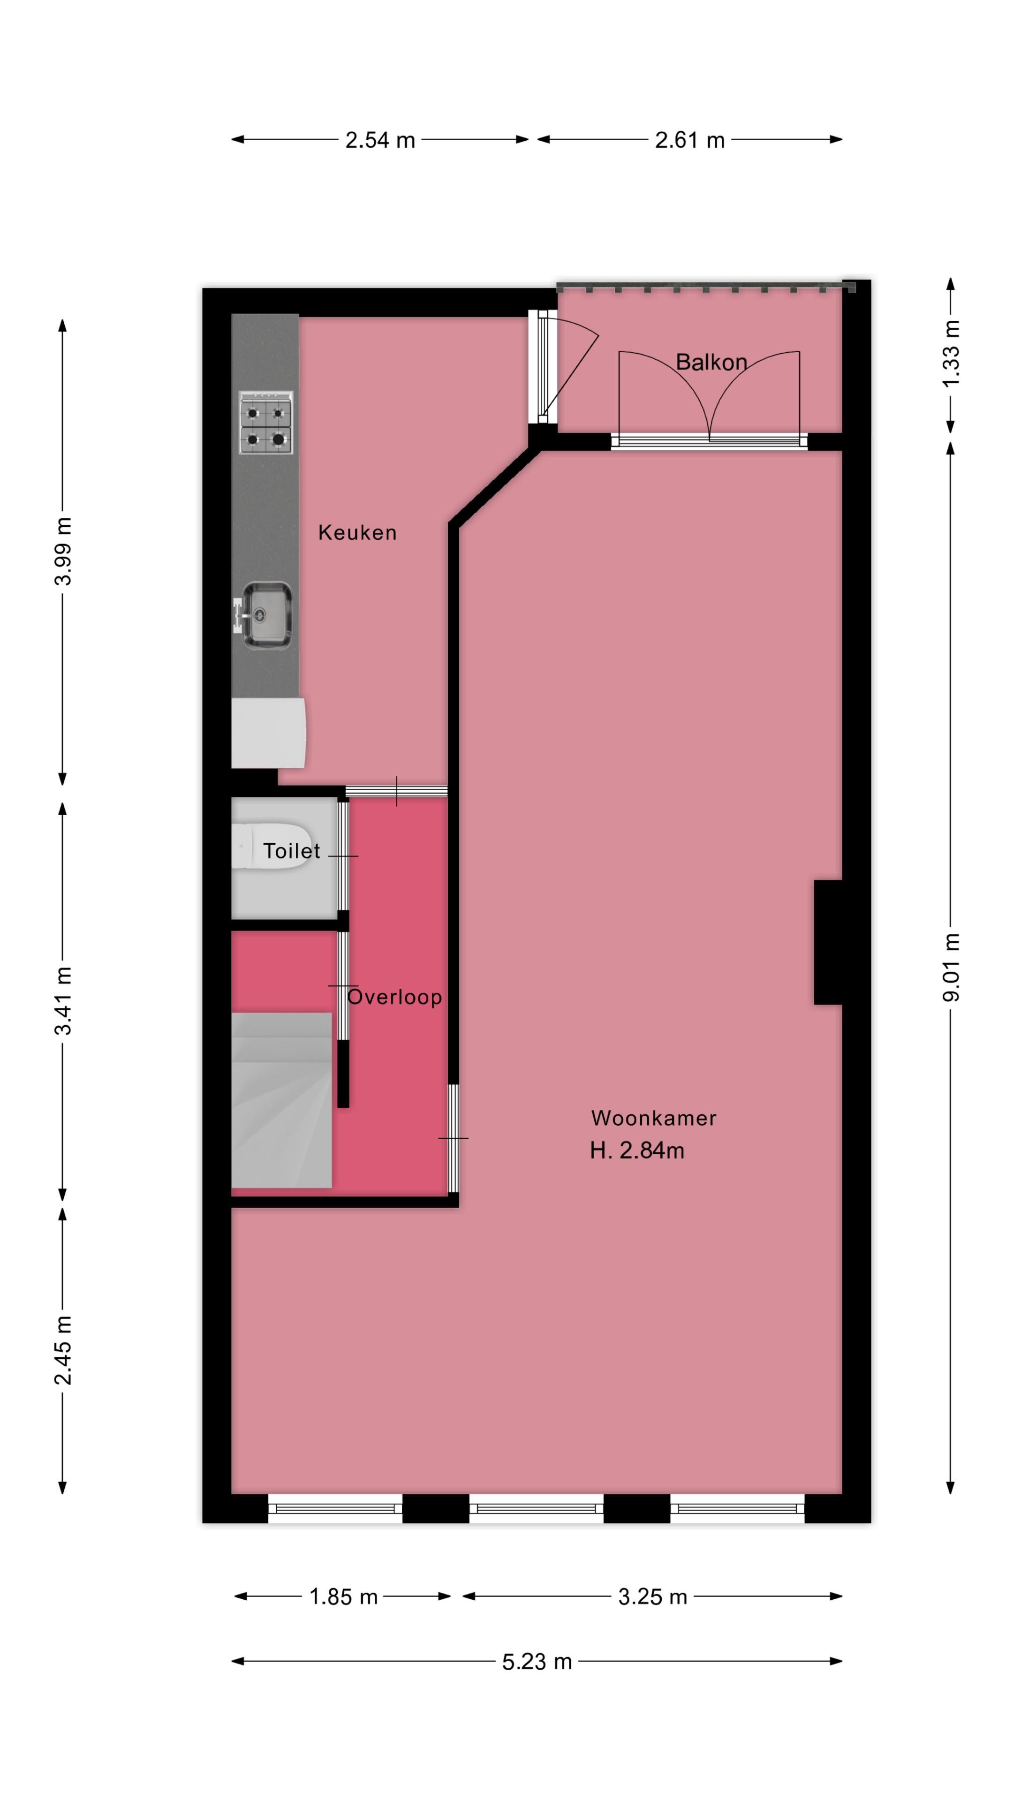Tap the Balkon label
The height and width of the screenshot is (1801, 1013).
coord(711,362)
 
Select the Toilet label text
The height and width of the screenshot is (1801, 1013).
coord(291,851)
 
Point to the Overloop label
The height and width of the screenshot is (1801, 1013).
coord(394,997)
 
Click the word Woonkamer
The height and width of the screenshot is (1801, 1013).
coord(653,1118)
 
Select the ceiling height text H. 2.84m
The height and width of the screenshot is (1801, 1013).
coord(636,1150)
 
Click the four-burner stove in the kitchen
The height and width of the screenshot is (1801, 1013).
coord(265,422)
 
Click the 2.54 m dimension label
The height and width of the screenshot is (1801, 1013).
coord(379,140)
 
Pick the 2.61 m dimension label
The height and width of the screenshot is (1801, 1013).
coord(689,140)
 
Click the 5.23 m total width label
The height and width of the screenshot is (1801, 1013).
coord(536,1661)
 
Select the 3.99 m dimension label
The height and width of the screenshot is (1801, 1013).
coord(63,551)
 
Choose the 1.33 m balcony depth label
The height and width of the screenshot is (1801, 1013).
coord(951,353)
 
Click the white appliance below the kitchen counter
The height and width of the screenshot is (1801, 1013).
coord(268,732)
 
